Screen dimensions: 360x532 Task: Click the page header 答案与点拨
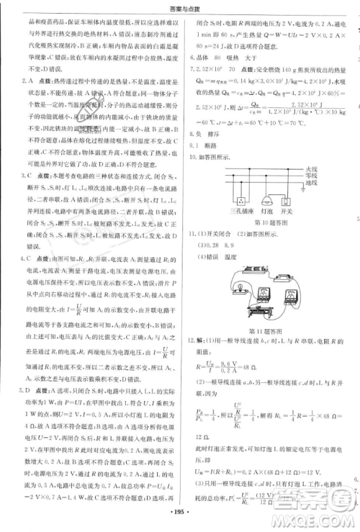click(x=180, y=7)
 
